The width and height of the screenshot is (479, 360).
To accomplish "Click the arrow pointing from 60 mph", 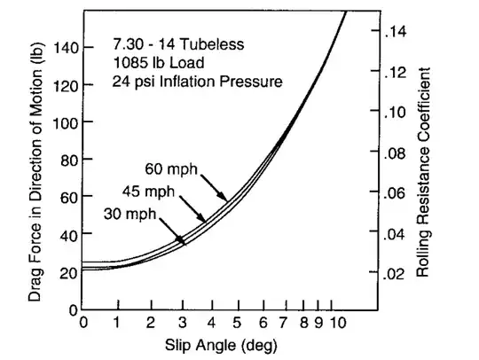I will pyautogui.click(x=211, y=185).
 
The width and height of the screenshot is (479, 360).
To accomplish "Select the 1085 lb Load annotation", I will pyautogui.click(x=154, y=62).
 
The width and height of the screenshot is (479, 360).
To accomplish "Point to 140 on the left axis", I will pyautogui.click(x=66, y=46).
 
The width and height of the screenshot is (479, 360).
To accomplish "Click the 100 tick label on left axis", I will pyautogui.click(x=66, y=122).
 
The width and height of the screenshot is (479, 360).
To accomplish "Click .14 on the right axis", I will pyautogui.click(x=396, y=32).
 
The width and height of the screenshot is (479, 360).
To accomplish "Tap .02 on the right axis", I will pyautogui.click(x=396, y=274).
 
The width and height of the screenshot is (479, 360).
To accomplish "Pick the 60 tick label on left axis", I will pyautogui.click(x=69, y=198).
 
